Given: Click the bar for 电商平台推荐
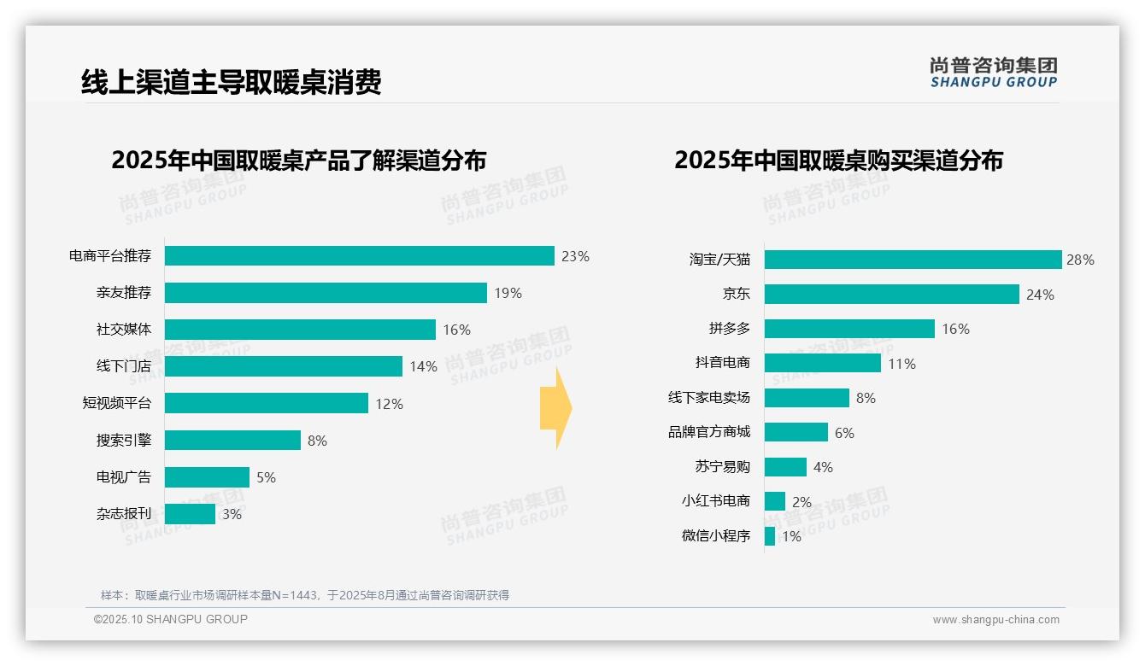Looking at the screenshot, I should point(359,256).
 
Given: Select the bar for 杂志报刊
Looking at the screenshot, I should point(190,514).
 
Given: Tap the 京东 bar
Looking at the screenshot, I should point(891,295).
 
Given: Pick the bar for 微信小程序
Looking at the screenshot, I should point(770,536).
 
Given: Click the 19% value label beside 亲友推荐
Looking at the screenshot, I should point(508,293).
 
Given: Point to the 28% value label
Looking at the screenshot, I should point(1080,260).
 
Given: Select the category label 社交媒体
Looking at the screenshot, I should point(123,330).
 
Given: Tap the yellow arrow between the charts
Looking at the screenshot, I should point(556,408).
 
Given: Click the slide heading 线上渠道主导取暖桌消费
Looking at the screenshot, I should point(231,82).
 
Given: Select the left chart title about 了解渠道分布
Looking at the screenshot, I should point(298,161).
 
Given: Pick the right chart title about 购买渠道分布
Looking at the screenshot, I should point(838,161).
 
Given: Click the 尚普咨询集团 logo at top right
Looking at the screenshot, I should point(993,72).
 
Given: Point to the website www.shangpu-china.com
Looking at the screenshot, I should point(995,620).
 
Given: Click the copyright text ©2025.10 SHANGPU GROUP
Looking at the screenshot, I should point(171,619).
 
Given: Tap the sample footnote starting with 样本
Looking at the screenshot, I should point(304,595).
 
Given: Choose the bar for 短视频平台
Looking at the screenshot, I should point(266,403).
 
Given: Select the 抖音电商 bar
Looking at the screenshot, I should point(822,363).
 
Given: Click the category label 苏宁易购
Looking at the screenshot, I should point(723,467).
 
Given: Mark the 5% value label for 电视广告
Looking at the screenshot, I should point(266,477).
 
